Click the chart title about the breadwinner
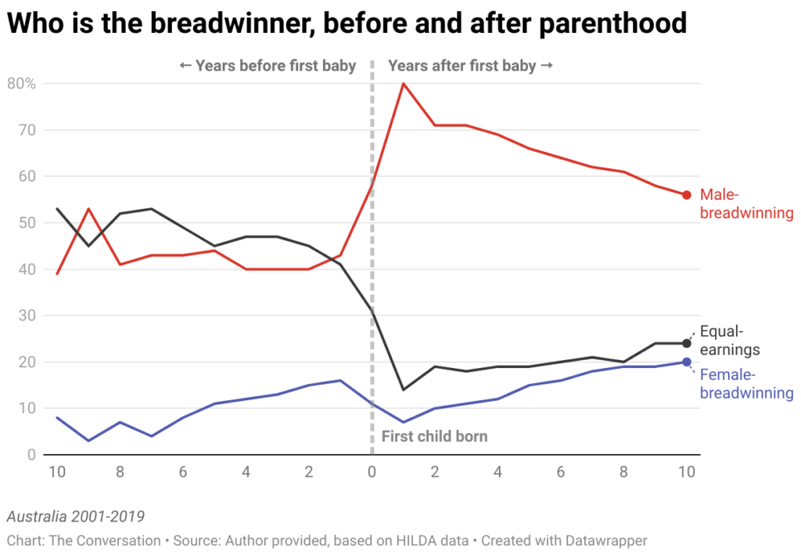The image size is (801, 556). (x=347, y=24)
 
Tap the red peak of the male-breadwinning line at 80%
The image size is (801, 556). (x=403, y=83)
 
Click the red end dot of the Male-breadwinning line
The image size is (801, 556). (x=686, y=195)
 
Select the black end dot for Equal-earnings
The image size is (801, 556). (x=686, y=343)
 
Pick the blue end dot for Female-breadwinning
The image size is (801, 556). (x=686, y=362)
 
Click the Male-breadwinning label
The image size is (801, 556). (x=746, y=204)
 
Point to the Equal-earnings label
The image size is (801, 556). (x=729, y=341)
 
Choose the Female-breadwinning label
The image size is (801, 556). (x=746, y=384)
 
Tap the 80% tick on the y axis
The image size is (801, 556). (x=21, y=83)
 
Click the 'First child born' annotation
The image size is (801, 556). (x=434, y=436)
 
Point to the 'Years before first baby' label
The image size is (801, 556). (x=268, y=66)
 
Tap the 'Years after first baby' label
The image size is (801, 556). (x=470, y=66)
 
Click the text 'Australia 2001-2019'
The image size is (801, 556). (x=75, y=517)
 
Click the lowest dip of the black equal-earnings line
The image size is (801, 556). (x=403, y=389)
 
